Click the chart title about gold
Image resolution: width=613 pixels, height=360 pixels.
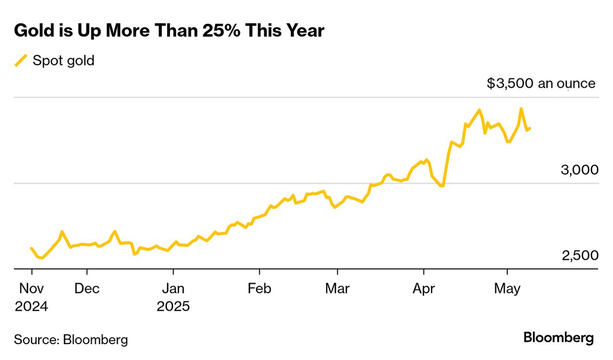pos(169,31)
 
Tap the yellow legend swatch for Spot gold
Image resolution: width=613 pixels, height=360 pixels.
pos(21,60)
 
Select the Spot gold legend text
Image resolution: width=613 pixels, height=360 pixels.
pos(63,60)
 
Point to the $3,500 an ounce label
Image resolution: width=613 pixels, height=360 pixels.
pos(541,83)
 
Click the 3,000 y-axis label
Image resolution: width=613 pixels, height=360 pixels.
pos(579,170)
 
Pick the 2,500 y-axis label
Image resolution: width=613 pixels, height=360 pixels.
pos(579,256)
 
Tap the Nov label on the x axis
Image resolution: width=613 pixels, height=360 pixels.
pos(31,289)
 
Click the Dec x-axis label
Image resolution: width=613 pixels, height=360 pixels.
pos(87,289)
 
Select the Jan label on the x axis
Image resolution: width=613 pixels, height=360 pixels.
pos(173,289)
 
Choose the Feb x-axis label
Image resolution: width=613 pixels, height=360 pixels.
pos(259,289)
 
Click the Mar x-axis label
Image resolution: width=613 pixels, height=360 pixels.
pos(337,289)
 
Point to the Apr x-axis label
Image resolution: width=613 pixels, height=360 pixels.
pos(424,289)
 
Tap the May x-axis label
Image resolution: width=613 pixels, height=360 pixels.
pos(507,289)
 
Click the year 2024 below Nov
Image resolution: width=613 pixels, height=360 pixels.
pos(31,306)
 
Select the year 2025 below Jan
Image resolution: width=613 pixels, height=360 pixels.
pos(173,306)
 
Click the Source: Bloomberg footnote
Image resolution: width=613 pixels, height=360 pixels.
pos(71,340)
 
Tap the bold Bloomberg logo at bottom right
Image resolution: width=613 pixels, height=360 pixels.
pos(558,338)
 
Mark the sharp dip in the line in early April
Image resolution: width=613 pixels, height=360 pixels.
pos(441,186)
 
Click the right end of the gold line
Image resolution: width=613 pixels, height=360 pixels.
pos(530,128)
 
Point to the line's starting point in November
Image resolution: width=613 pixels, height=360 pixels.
pos(31,248)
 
